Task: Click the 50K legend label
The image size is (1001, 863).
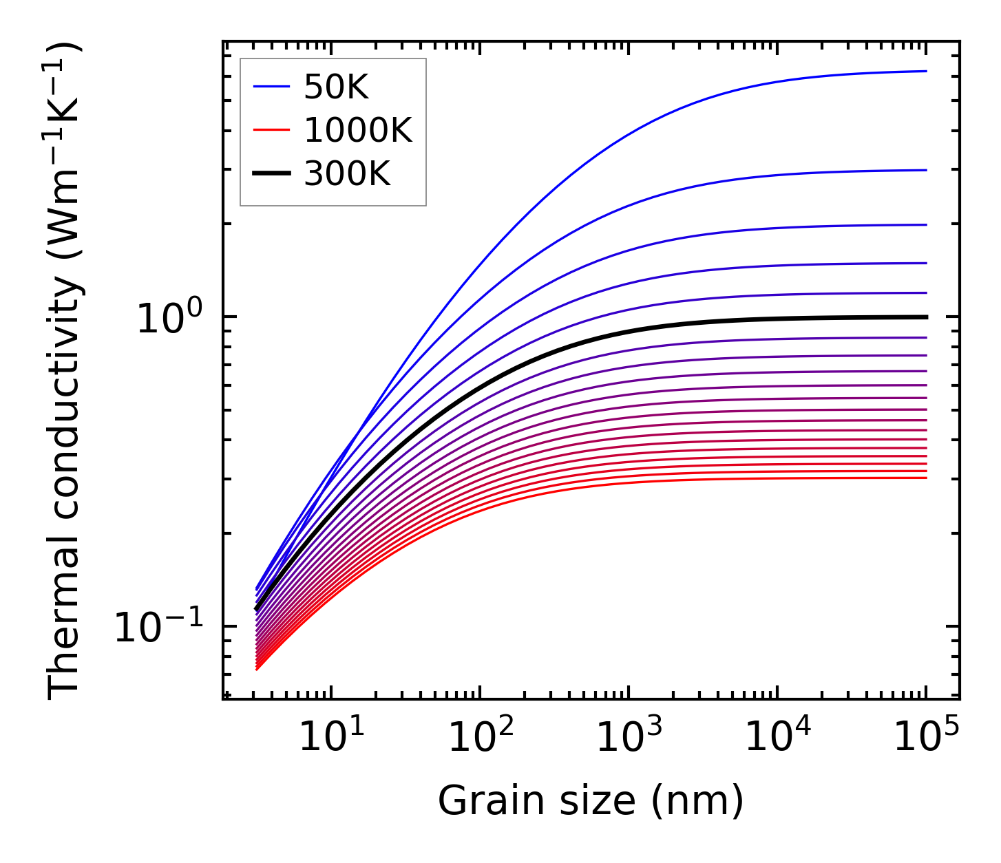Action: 336,87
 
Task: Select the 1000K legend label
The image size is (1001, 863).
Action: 357,131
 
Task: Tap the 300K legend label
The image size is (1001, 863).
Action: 347,175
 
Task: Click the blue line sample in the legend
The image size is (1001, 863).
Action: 271,87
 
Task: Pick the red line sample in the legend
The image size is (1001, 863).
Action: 271,131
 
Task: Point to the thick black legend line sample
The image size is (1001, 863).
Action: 271,174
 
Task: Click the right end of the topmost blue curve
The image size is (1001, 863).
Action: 926,71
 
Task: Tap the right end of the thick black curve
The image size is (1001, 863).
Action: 926,317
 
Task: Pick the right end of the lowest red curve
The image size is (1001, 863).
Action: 926,478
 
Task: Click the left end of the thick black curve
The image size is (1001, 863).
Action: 256,608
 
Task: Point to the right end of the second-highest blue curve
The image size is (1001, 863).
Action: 926,170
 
